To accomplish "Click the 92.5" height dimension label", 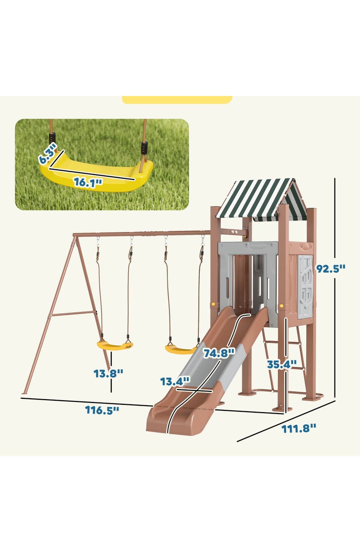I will click(x=330, y=269).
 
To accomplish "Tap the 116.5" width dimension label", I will click(x=102, y=410).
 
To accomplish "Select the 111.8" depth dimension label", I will click(x=299, y=428).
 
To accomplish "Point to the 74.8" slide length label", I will click(x=219, y=353).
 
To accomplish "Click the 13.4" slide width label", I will click(x=175, y=381).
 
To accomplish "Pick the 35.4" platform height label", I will click(x=282, y=364).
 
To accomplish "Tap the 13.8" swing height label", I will click(x=108, y=373).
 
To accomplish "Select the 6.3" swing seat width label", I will click(x=48, y=153).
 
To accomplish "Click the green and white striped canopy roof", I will click(x=261, y=198).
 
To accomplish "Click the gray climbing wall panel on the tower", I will click(x=305, y=286).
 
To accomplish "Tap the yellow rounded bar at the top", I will click(x=177, y=100).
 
